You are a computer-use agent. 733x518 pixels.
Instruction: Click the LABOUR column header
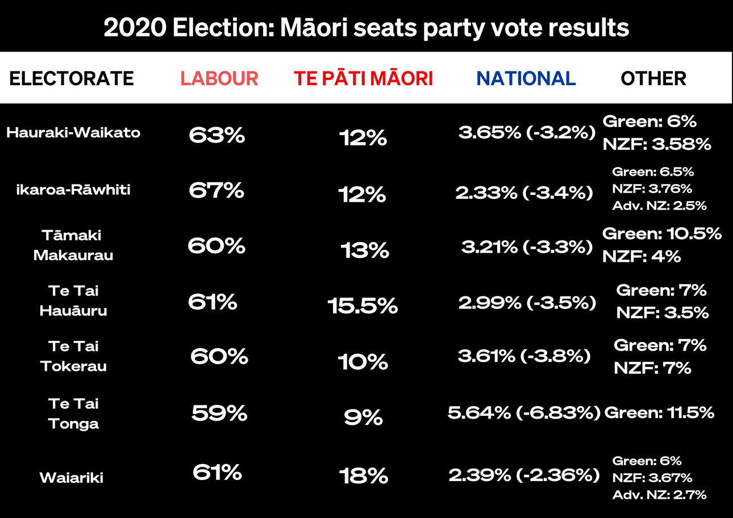(219, 78)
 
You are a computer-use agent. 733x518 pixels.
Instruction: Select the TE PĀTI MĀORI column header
(363, 78)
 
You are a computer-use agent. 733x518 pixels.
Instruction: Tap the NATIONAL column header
(526, 78)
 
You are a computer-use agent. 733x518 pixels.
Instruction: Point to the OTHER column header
(653, 78)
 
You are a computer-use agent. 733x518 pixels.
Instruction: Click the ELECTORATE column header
(72, 78)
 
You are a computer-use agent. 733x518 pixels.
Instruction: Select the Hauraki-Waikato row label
(73, 133)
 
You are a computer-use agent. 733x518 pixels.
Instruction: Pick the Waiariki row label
(72, 478)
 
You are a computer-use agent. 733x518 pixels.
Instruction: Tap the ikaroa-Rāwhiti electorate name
(73, 189)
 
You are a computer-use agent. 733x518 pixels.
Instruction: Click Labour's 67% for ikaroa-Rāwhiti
(216, 190)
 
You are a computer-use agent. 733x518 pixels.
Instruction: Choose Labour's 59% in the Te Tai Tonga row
(219, 413)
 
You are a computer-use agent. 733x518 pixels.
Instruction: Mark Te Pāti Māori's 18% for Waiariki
(364, 476)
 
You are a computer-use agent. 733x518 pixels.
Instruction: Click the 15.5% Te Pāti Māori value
(363, 307)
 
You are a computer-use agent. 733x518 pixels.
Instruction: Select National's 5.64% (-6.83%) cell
(524, 413)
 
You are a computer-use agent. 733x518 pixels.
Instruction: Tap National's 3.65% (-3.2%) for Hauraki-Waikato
(527, 133)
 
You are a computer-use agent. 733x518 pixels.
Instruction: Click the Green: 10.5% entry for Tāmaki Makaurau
(662, 233)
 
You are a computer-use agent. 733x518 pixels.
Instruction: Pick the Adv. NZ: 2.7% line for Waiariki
(659, 495)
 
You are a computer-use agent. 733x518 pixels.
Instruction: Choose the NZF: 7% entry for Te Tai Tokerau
(652, 368)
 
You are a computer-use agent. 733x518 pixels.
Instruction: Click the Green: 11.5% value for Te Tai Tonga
(659, 413)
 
